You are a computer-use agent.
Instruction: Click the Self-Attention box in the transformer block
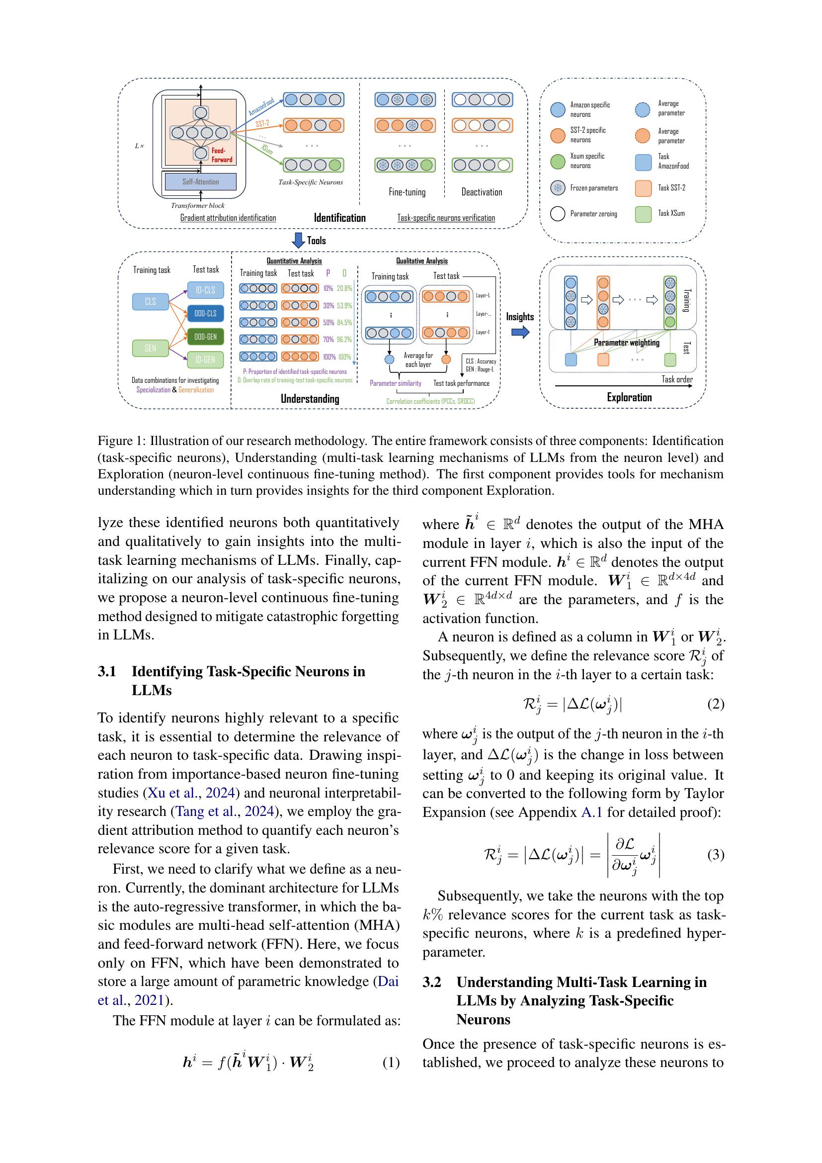(x=200, y=181)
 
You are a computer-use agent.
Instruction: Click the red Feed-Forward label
(x=222, y=155)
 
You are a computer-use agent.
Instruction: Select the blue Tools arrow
(x=299, y=240)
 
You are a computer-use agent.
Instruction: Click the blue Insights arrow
(x=520, y=332)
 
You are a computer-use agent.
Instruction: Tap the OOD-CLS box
(x=206, y=314)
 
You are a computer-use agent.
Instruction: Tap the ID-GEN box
(x=206, y=359)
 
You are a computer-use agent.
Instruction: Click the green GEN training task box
(x=150, y=348)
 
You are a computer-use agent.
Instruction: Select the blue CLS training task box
(x=150, y=301)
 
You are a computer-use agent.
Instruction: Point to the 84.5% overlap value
(x=344, y=323)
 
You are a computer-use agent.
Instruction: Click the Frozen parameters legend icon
(x=557, y=188)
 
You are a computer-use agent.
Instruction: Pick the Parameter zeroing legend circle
(x=557, y=214)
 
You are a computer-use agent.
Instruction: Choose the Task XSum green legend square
(x=643, y=214)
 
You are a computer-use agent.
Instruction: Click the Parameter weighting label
(x=627, y=343)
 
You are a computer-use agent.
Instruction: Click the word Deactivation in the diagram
(x=482, y=192)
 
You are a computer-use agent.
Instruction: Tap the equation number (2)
(x=715, y=704)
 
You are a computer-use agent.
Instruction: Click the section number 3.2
(x=432, y=982)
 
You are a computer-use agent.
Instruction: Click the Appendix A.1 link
(x=591, y=812)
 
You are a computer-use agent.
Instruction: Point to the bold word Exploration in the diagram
(x=629, y=397)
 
